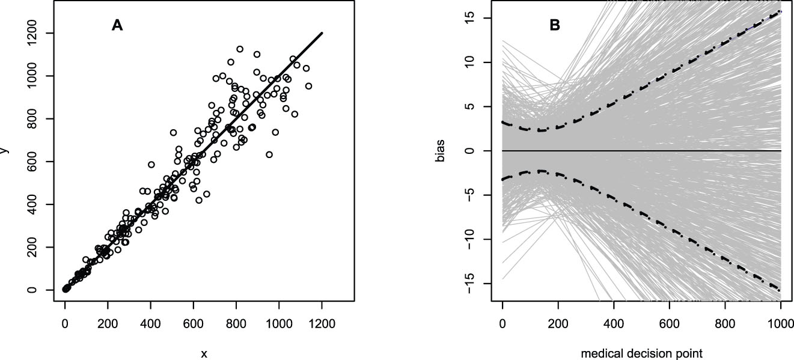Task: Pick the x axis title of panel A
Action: point(204,354)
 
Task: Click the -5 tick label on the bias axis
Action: point(470,195)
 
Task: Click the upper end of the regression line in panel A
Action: point(322,32)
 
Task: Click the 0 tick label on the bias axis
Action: point(470,150)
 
